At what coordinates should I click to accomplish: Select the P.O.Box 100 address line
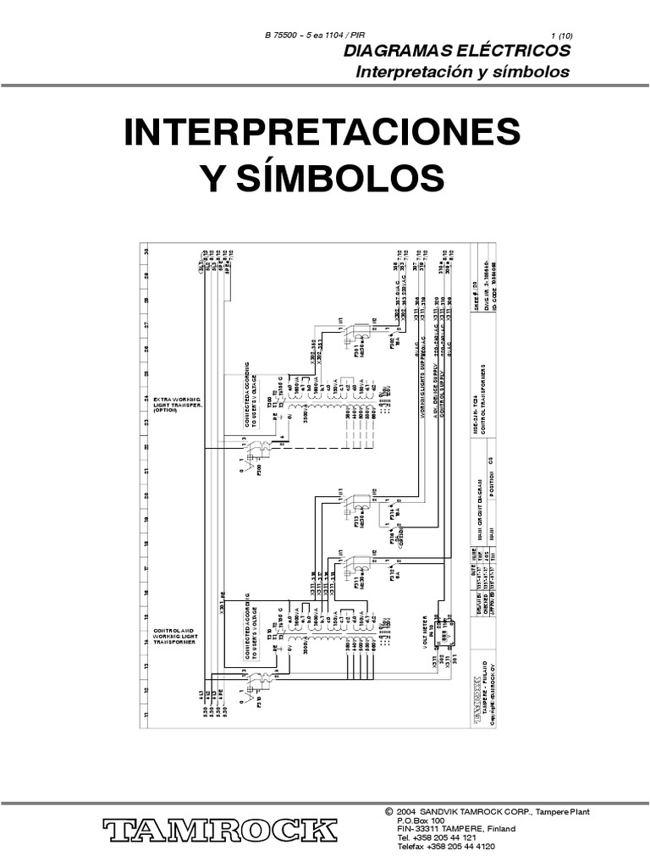[420, 820]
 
